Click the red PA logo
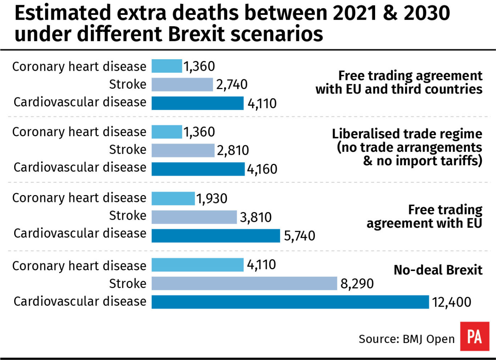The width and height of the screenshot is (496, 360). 474,336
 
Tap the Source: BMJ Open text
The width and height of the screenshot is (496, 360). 406,339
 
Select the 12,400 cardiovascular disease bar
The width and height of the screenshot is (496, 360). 290,302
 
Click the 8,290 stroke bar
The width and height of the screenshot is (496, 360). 244,283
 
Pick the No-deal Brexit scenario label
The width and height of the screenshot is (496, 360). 438,270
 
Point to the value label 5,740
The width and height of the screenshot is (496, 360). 299,236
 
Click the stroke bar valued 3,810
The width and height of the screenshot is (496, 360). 194,217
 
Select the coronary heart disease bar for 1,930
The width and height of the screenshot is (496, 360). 173,198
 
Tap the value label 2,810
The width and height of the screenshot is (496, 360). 233,150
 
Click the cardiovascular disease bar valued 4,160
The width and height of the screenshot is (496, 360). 198,169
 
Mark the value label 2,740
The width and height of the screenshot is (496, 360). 232,85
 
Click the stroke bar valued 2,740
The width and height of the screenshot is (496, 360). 182,85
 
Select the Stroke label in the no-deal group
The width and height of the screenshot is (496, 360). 127,283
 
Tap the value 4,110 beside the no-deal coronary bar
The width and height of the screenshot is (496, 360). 261,265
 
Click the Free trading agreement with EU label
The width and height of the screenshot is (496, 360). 424,217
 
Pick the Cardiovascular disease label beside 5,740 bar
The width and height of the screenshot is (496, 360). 80,233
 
